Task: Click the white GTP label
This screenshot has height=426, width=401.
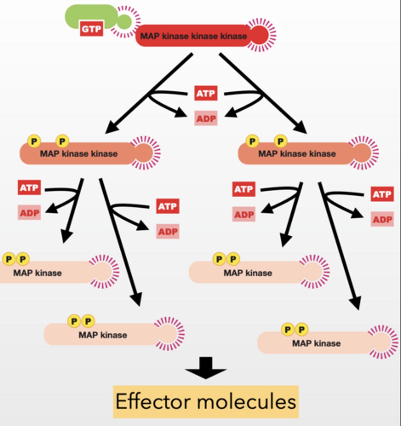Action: click(x=91, y=29)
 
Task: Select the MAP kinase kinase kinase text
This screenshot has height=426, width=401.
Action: click(x=193, y=36)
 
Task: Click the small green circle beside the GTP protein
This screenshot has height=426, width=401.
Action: click(x=124, y=22)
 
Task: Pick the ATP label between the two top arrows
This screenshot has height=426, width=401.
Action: click(x=206, y=93)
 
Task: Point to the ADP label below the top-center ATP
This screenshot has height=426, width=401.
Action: click(x=206, y=118)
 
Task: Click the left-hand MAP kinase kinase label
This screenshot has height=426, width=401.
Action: click(x=78, y=154)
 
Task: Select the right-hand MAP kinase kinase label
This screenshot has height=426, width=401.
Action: click(x=297, y=154)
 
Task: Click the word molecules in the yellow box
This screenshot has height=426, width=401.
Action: click(x=246, y=402)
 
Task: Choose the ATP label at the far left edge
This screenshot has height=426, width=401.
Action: click(x=29, y=187)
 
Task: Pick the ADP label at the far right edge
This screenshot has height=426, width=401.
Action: click(x=382, y=219)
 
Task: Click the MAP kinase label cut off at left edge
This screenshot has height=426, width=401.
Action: click(x=37, y=273)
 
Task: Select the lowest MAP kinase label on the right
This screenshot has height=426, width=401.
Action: click(x=316, y=343)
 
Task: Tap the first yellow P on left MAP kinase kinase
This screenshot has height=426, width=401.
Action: click(x=34, y=141)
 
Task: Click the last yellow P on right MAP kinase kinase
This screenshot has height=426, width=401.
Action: click(x=280, y=141)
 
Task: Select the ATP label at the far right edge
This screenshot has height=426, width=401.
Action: click(x=382, y=194)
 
